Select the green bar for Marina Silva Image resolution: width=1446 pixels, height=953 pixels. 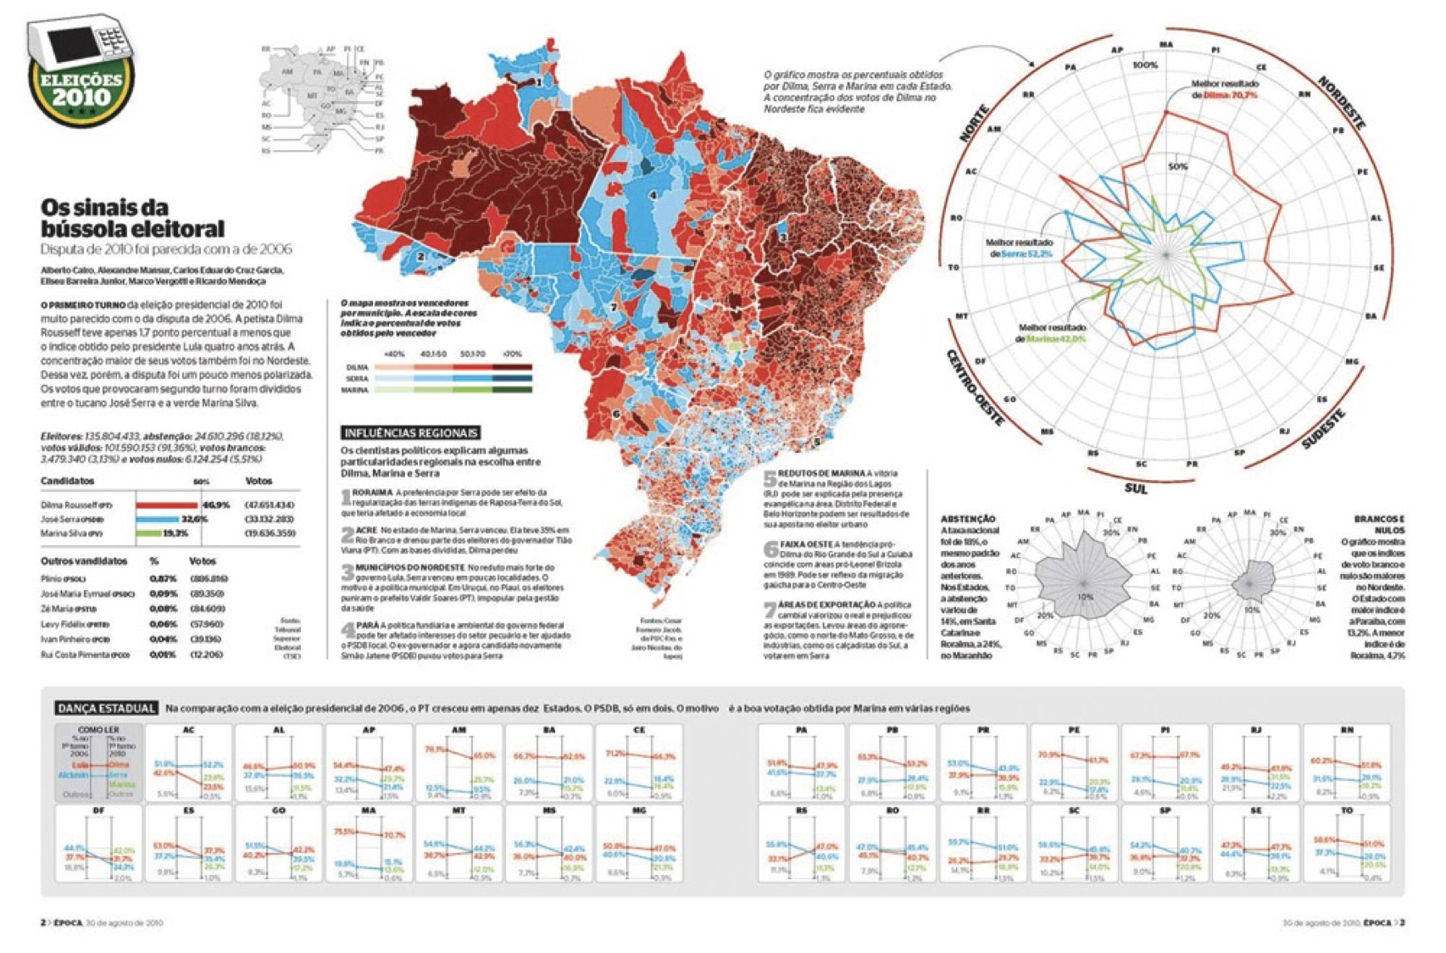tap(148, 533)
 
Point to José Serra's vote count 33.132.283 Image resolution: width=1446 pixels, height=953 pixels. tap(270, 519)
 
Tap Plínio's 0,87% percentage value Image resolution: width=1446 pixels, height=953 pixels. tap(163, 578)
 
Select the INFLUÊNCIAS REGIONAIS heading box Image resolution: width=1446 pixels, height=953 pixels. tap(410, 432)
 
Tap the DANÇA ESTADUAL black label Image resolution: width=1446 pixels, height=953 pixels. tap(107, 708)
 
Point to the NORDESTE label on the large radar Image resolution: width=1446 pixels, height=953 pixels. tap(1340, 103)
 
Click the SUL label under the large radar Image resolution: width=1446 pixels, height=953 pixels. tap(1136, 488)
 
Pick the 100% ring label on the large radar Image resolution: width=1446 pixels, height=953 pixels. tap(1145, 65)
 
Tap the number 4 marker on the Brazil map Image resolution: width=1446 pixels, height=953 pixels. tap(653, 195)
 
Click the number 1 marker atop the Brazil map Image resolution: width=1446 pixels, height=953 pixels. tap(539, 82)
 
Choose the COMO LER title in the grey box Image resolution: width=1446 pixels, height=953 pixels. tap(98, 730)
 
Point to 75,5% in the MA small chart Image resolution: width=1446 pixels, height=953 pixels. tap(344, 832)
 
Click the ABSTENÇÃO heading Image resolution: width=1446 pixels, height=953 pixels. tap(968, 519)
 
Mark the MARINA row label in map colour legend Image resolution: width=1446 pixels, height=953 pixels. tap(354, 390)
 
